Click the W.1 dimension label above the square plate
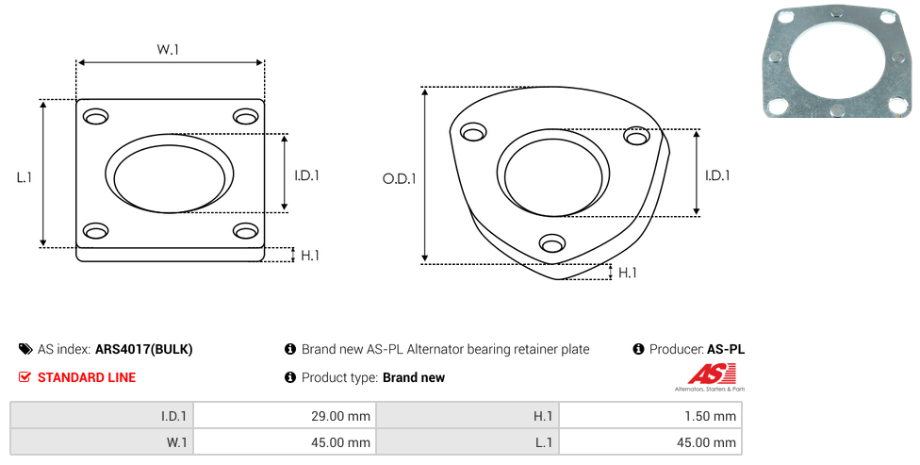tap(167, 49)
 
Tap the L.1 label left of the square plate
tap(25, 177)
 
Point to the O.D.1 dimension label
tap(399, 178)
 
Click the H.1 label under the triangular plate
tap(627, 273)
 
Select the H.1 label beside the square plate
tap(310, 256)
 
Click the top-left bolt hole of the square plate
tap(95, 117)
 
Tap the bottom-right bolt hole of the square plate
tap(246, 231)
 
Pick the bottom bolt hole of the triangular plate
tap(552, 242)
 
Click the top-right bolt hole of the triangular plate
tap(636, 136)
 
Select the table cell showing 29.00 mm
tap(285, 416)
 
